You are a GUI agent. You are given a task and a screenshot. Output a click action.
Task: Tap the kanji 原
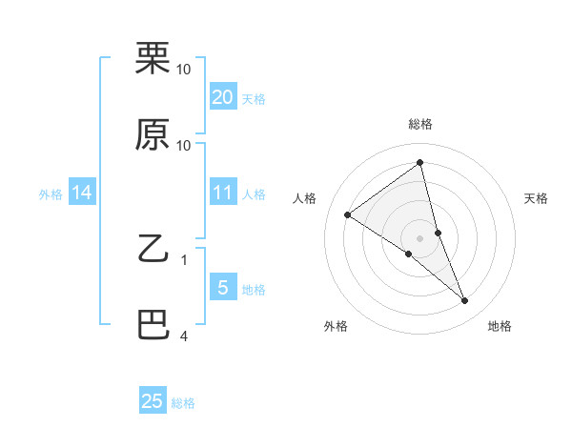153,135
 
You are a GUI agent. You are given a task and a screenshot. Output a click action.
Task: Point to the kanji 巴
153,326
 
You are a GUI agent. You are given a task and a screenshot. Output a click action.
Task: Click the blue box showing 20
223,96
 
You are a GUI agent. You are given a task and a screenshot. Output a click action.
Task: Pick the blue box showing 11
223,193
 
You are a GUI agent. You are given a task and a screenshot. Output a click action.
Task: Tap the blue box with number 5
223,288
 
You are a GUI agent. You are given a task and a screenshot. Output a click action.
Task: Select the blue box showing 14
82,193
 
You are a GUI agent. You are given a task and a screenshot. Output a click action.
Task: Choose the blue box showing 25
153,401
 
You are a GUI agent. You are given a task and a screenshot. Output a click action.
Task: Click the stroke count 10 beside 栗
184,69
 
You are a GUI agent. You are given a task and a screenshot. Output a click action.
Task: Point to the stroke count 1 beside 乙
184,258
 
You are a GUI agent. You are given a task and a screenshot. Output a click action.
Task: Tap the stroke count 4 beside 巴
184,336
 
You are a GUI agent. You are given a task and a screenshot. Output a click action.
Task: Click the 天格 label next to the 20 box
254,98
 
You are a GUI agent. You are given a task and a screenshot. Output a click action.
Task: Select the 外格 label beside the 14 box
51,194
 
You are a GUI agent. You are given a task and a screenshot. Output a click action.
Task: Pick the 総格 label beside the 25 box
183,403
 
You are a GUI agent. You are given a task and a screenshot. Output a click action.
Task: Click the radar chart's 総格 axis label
420,124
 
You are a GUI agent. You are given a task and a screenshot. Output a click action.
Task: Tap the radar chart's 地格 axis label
500,326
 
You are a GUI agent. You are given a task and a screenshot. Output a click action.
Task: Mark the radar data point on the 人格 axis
347,214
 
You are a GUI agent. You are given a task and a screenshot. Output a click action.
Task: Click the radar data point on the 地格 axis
465,300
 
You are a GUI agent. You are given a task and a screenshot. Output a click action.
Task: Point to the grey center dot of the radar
420,237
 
